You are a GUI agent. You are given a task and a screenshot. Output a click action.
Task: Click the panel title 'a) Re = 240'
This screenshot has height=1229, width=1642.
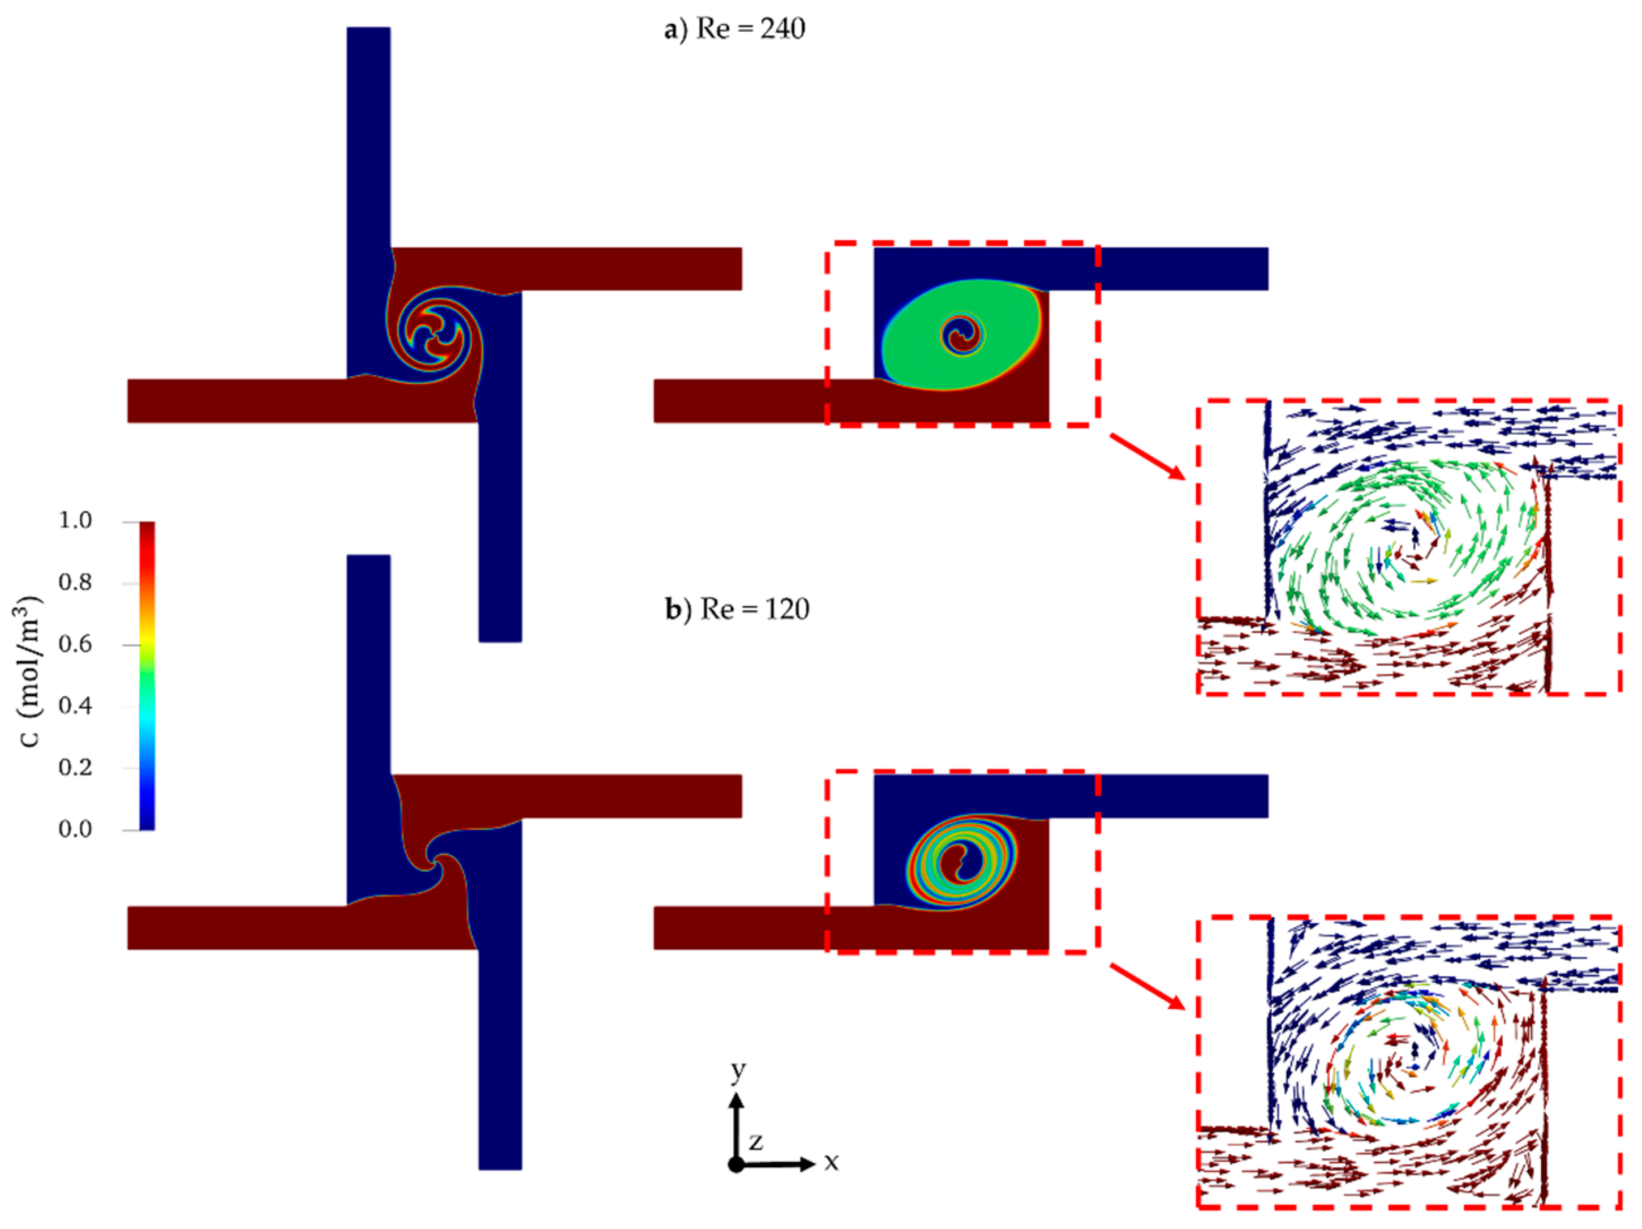[734, 29]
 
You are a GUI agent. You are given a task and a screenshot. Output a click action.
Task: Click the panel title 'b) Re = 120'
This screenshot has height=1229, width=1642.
[737, 609]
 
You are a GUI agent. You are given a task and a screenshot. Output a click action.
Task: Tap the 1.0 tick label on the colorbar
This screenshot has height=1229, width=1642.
[75, 521]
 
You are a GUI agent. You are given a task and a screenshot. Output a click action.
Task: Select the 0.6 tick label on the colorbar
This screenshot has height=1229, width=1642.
[75, 644]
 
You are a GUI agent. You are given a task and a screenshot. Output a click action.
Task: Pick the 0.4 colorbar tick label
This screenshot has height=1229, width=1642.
[75, 705]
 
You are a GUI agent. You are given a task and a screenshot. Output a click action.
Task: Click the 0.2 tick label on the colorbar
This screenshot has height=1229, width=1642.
[75, 767]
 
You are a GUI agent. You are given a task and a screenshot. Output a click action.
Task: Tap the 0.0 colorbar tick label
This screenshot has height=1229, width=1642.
[75, 829]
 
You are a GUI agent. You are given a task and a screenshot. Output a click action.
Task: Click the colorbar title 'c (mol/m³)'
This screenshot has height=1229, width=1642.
[29, 672]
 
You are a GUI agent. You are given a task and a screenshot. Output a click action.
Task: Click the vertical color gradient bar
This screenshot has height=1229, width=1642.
[147, 676]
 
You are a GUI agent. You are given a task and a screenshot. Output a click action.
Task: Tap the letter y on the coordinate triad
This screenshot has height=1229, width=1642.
[738, 1070]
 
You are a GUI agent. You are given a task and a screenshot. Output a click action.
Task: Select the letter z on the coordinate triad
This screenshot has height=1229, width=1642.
[756, 1141]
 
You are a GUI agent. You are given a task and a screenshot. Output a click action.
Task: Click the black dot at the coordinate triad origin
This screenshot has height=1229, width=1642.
[736, 1164]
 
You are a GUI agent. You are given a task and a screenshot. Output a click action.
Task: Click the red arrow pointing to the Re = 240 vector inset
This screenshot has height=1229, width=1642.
[1147, 456]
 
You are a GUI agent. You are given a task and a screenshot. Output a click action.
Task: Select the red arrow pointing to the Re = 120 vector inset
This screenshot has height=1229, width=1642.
[1147, 986]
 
